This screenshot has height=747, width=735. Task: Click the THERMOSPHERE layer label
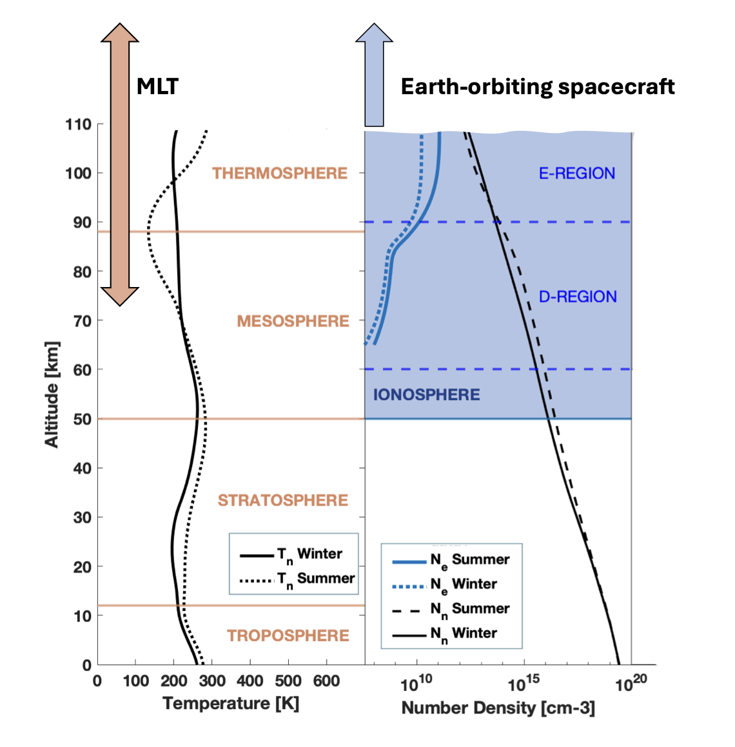point(280,174)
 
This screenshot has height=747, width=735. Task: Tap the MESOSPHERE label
point(293,321)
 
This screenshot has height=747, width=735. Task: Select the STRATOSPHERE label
point(282,501)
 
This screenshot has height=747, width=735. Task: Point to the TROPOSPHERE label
point(288,636)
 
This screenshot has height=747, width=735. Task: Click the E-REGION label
point(577,174)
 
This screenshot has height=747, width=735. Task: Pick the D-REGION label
point(578,297)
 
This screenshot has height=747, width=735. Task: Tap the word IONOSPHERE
point(426,395)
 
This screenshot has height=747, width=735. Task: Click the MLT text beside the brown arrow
point(157,86)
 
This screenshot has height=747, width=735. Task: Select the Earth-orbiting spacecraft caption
point(538,86)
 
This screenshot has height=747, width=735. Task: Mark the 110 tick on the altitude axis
point(78,124)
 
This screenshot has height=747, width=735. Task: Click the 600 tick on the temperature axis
point(326,681)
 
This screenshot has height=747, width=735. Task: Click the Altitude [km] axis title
point(52,394)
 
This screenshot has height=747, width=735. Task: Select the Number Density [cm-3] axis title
point(498,708)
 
